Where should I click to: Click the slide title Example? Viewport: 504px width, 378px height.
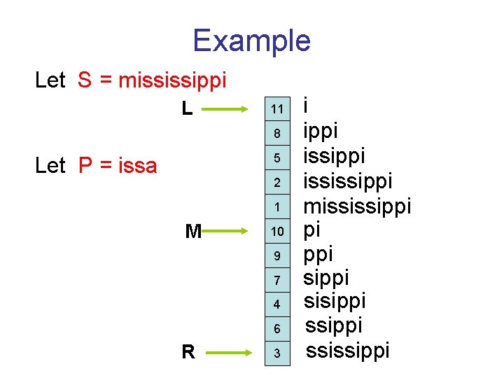click(251, 41)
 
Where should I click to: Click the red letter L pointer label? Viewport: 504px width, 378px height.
click(187, 108)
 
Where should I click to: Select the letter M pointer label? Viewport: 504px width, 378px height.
click(192, 231)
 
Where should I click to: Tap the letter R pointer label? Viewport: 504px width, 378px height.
click(188, 352)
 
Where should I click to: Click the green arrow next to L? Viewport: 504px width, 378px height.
click(228, 108)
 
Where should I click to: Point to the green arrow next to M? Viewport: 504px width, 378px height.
click(228, 230)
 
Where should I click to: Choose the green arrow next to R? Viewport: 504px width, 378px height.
click(228, 352)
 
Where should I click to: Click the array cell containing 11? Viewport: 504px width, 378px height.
click(278, 109)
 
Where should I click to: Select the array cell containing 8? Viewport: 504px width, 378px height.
click(278, 133)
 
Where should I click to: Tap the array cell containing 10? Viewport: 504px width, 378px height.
click(278, 232)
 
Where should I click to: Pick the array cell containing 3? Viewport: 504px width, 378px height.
click(278, 354)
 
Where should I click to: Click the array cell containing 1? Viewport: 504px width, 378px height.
click(278, 207)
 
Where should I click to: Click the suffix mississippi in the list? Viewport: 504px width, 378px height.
click(356, 207)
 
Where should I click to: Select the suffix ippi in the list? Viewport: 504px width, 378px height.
click(320, 131)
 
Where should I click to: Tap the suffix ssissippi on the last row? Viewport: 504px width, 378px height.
click(348, 350)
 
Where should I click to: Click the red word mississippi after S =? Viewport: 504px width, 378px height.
click(172, 80)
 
